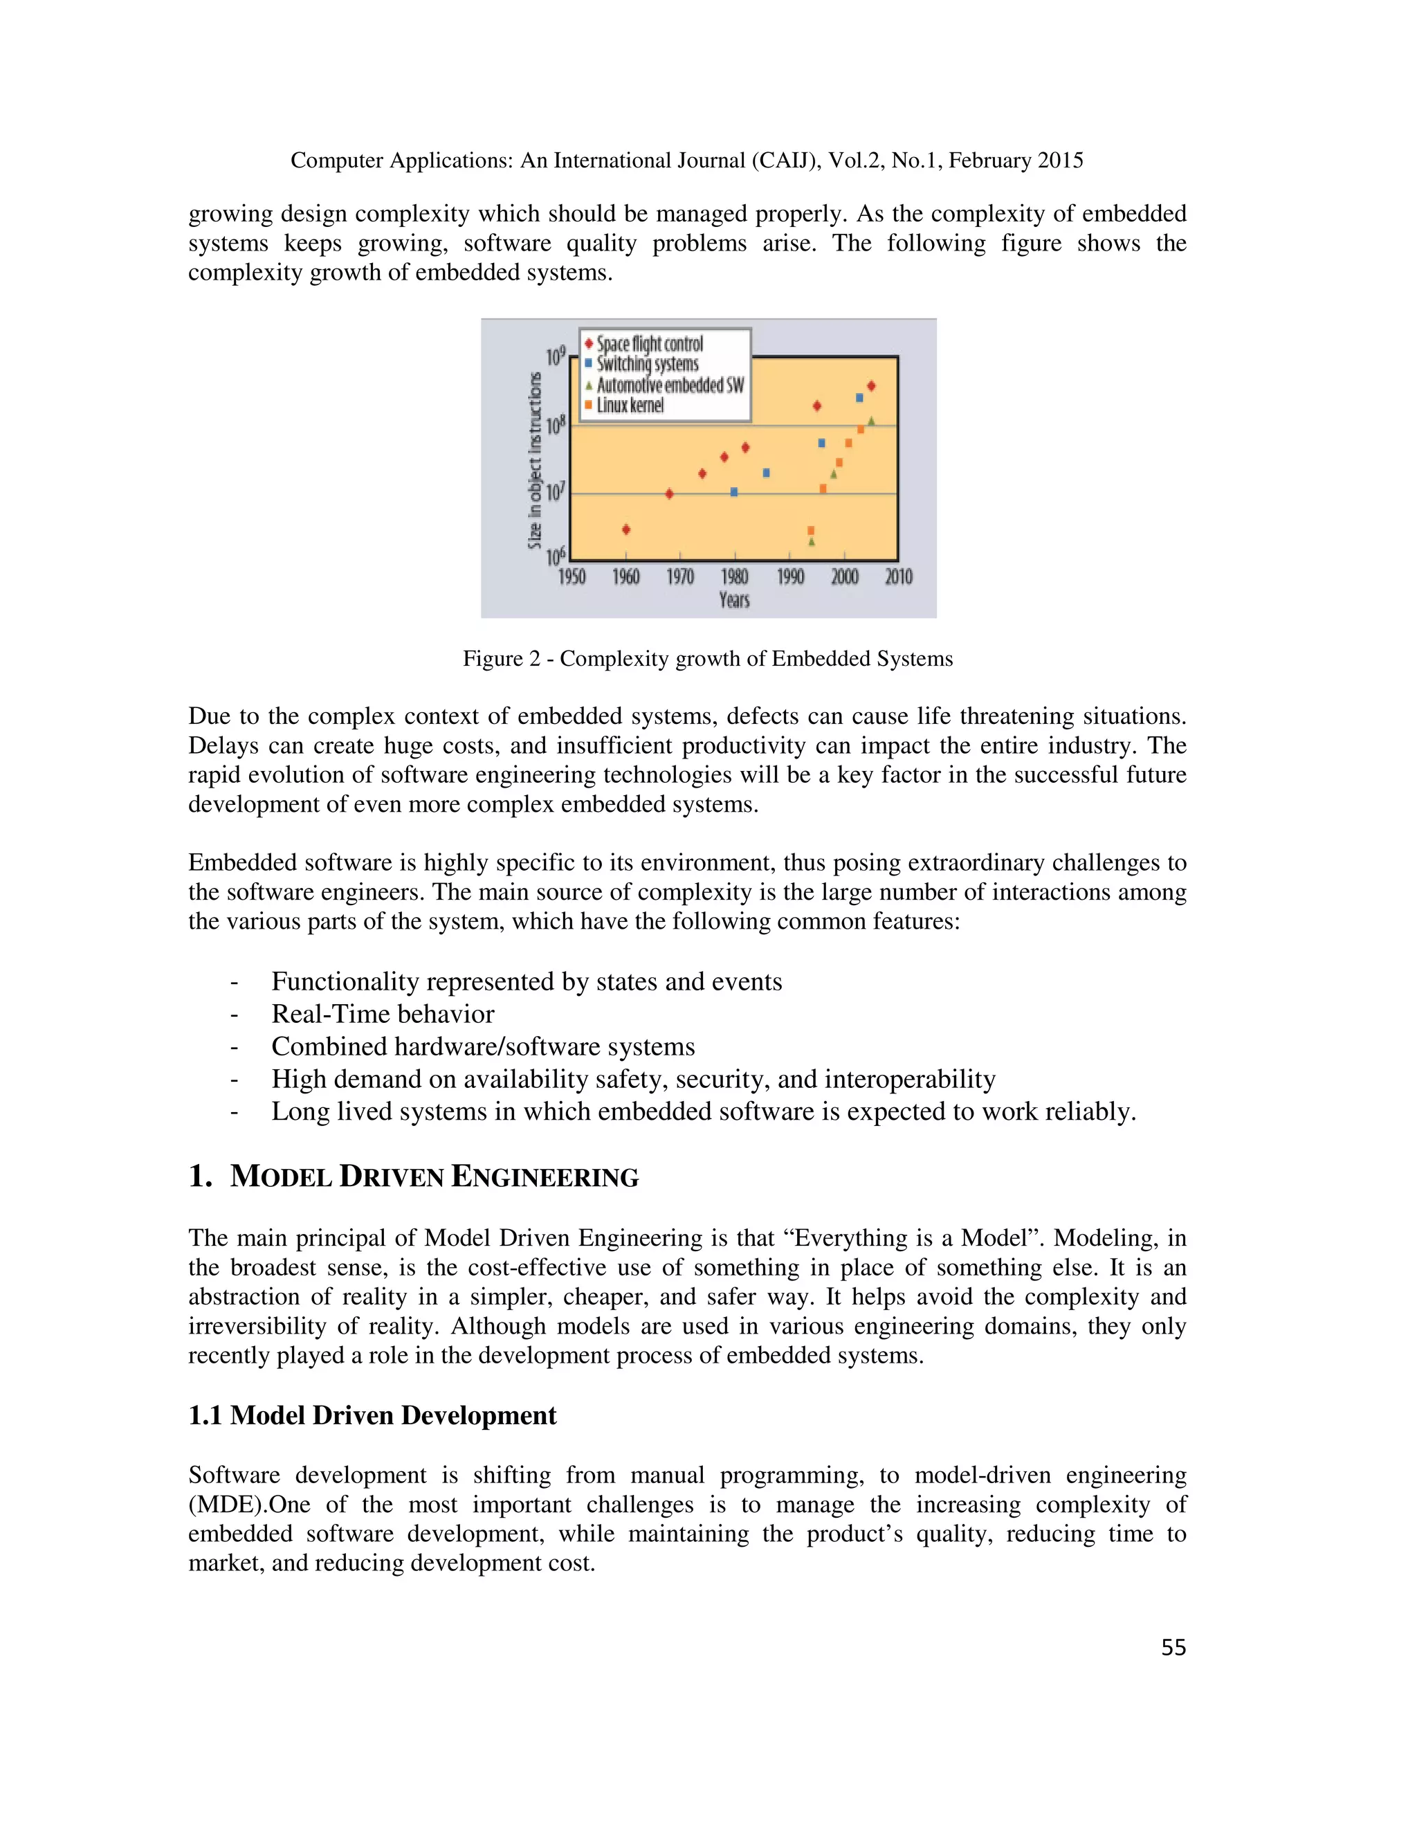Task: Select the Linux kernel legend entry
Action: (x=630, y=406)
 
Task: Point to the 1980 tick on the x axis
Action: (x=735, y=576)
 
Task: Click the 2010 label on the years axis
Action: (x=898, y=576)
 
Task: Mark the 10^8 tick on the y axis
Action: (x=556, y=426)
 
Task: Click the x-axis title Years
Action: (x=735, y=599)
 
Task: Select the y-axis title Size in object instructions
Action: (x=535, y=460)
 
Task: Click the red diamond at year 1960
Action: (x=626, y=529)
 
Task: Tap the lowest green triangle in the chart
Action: (x=812, y=542)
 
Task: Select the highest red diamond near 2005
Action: (x=871, y=386)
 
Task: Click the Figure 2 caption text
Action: (x=708, y=658)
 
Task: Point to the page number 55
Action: (x=1173, y=1648)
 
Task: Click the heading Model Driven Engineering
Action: (x=434, y=1177)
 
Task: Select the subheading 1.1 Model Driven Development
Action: (x=372, y=1416)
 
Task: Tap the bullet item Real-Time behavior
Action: (x=383, y=1014)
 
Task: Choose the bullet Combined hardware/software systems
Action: (x=483, y=1046)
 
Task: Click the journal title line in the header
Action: (x=686, y=161)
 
